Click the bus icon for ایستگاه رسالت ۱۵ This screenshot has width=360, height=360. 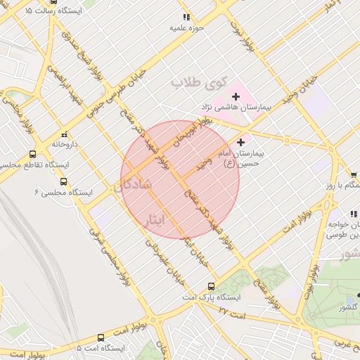point(29,12)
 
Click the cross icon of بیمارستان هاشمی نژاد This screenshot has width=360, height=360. point(236,95)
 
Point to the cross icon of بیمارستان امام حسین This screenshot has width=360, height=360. point(240,142)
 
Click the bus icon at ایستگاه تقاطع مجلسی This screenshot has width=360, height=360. point(32,154)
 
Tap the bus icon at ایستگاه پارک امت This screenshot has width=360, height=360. point(212,286)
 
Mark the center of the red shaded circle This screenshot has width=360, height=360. point(180,180)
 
